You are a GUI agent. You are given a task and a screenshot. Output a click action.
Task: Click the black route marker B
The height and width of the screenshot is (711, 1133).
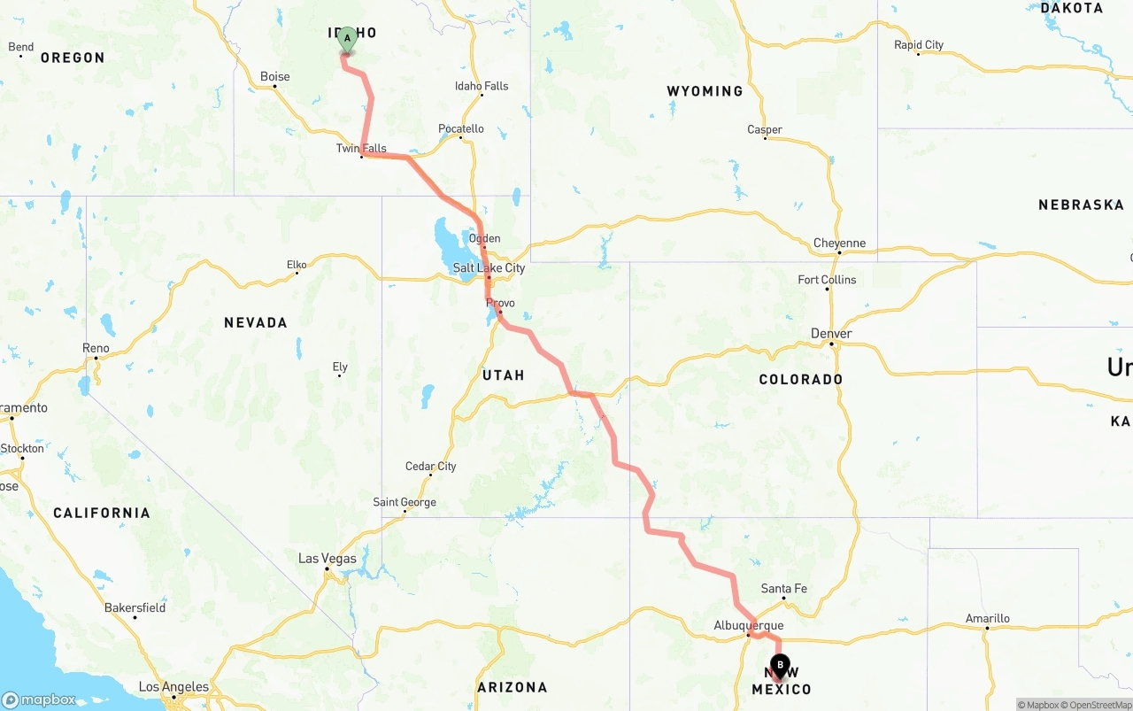tap(780, 665)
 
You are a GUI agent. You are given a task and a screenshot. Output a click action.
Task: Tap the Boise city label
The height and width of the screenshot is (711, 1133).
tap(275, 77)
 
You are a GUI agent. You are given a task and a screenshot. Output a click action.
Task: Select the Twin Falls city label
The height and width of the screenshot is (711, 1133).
tap(361, 149)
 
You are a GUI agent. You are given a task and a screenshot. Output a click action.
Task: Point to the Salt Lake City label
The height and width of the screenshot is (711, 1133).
tap(489, 267)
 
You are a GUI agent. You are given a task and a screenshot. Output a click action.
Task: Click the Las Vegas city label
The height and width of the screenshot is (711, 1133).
tap(328, 559)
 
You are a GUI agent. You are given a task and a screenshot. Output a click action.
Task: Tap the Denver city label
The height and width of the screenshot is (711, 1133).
tap(831, 334)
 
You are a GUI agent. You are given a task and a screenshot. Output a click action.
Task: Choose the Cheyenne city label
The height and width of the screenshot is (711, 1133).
tap(839, 243)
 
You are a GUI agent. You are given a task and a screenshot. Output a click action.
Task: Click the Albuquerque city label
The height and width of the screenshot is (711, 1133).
tap(748, 626)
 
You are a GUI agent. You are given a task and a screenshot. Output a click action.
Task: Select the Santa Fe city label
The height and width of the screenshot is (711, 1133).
tap(784, 589)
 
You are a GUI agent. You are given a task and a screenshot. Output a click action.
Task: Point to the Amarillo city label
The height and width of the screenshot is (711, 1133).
tap(987, 619)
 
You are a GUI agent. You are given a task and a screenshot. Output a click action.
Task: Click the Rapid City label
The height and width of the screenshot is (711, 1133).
tap(919, 45)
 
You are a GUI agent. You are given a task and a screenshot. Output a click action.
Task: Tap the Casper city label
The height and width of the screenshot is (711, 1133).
tap(765, 130)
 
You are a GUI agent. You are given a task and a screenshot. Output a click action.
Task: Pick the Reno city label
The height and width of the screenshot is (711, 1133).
tap(96, 348)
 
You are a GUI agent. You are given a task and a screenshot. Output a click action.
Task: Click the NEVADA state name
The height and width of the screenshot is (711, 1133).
tap(255, 323)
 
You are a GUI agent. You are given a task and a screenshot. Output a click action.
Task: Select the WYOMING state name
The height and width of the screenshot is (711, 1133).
tap(705, 91)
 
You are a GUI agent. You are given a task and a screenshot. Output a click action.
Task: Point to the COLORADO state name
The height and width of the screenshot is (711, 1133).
tap(800, 379)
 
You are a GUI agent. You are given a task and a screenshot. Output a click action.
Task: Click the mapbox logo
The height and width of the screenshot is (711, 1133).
tap(39, 699)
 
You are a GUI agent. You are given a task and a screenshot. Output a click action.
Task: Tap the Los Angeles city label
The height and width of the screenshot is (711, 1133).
tap(173, 687)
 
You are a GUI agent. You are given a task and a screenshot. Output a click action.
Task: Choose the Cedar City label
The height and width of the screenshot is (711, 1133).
tap(431, 467)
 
